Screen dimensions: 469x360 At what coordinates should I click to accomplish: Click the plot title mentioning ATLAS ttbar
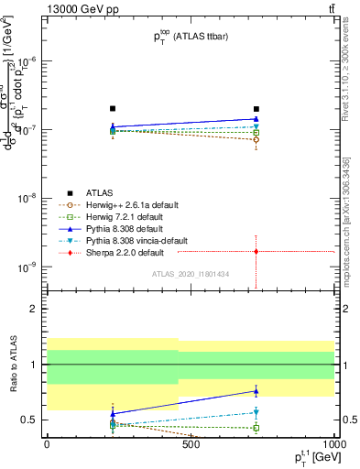click(x=191, y=37)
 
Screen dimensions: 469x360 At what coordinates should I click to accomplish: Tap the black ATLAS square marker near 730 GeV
click(x=256, y=109)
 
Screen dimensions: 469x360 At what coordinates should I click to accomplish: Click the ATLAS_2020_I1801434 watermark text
click(x=191, y=274)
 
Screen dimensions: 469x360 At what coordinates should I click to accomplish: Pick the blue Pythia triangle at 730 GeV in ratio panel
click(x=256, y=391)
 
